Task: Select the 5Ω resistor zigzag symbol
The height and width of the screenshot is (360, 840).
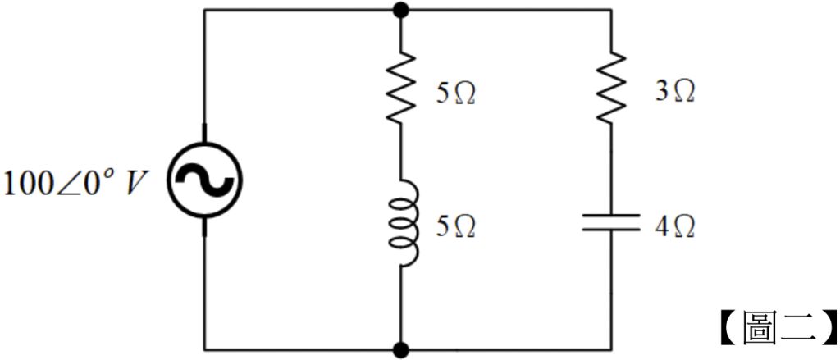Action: pos(400,89)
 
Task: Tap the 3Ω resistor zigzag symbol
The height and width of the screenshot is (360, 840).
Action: pos(612,89)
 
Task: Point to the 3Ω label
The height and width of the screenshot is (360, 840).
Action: pos(674,91)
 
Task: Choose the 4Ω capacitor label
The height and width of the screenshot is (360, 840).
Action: pos(674,226)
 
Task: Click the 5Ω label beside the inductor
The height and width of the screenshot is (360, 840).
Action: pos(455,226)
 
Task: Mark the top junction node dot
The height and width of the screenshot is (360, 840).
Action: pos(400,10)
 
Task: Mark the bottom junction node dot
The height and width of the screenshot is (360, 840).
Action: pos(400,350)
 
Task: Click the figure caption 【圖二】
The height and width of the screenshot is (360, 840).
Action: pos(778,327)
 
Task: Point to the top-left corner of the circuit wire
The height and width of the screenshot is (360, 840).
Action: pos(204,10)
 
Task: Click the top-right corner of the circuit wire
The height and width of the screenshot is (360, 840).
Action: pos(612,10)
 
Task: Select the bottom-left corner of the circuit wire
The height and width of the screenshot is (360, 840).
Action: pos(204,350)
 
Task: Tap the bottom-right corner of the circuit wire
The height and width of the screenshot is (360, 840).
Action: pos(612,350)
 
